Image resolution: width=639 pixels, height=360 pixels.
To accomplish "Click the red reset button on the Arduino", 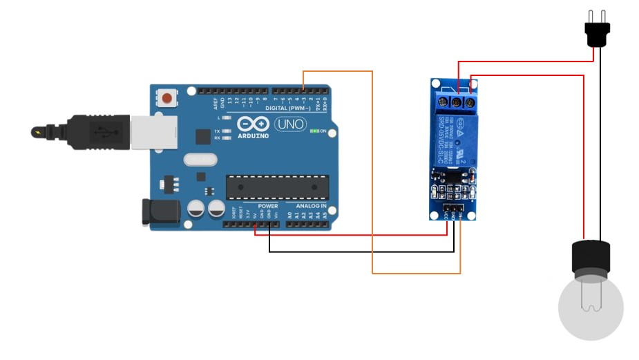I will [166, 97].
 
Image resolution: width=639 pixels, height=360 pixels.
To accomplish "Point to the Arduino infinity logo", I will [252, 124].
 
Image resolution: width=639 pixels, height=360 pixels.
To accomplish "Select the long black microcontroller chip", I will [277, 186].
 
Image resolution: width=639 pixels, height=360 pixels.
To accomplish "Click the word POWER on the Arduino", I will [268, 206].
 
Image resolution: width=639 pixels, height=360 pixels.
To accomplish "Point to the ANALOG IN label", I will [311, 206].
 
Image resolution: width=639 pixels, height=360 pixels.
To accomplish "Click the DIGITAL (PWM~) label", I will [286, 108].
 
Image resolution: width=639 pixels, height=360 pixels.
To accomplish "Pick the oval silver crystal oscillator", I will [201, 160].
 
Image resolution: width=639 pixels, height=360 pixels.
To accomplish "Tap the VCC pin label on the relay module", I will [446, 216].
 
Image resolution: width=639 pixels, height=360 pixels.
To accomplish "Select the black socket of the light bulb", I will [591, 257].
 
